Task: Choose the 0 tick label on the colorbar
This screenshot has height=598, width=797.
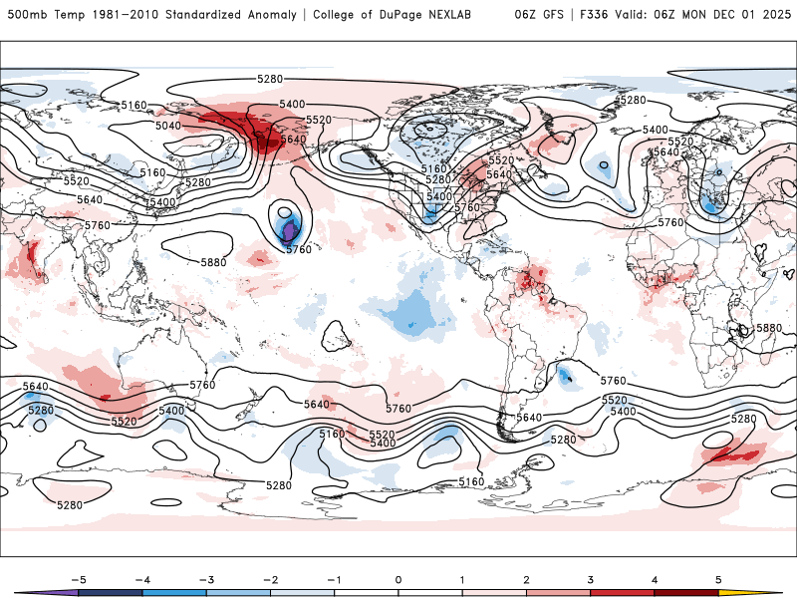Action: pyautogui.click(x=398, y=578)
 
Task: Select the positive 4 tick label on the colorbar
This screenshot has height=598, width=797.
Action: pyautogui.click(x=654, y=578)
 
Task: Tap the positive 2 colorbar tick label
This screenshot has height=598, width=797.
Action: pyautogui.click(x=526, y=578)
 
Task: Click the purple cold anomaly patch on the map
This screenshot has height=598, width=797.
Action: pyautogui.click(x=290, y=232)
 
